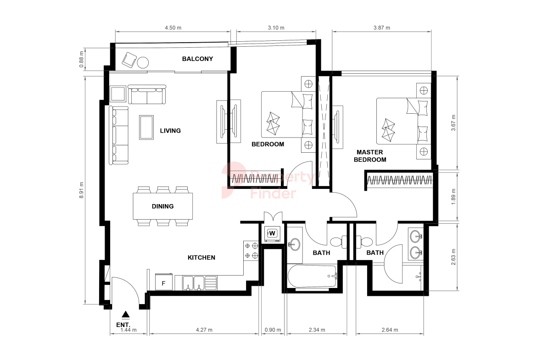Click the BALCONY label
click(197, 59)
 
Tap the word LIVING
click(170, 131)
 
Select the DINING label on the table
click(162, 206)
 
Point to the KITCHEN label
click(201, 258)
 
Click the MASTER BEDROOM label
click(370, 156)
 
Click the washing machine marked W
click(272, 233)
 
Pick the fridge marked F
click(164, 283)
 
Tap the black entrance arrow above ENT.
click(126, 314)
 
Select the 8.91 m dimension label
click(82, 190)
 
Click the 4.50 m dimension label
click(173, 28)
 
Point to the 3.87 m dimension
click(381, 28)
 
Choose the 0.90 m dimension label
click(273, 330)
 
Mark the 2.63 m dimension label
click(453, 257)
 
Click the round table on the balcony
click(143, 63)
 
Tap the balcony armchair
click(129, 60)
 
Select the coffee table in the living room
click(146, 127)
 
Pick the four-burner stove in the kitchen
click(251, 250)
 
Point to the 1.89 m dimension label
click(453, 197)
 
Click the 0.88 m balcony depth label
click(82, 59)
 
